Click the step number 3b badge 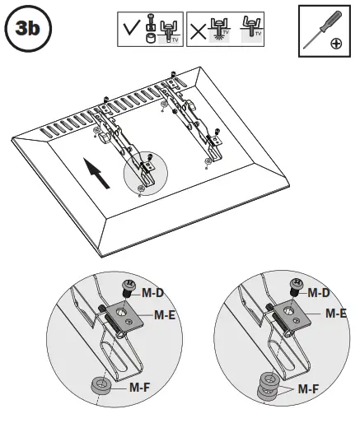pyautogui.click(x=28, y=31)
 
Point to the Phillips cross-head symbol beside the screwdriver pyautogui.click(x=335, y=44)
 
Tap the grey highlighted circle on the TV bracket pyautogui.click(x=144, y=172)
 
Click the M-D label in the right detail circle pyautogui.click(x=320, y=291)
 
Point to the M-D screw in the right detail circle pyautogui.click(x=296, y=287)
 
